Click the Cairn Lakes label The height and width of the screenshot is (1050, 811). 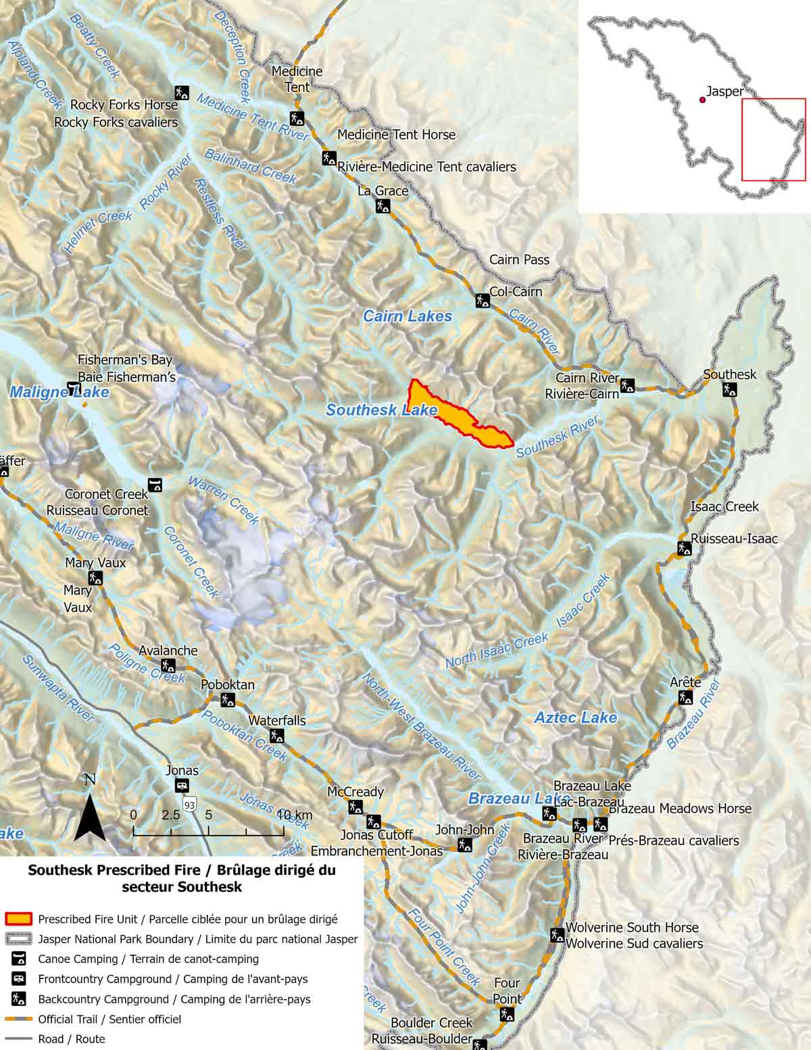tap(408, 316)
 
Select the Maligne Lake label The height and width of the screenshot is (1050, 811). tap(59, 392)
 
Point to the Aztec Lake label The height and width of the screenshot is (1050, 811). tap(576, 717)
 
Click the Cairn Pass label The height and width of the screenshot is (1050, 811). tap(519, 260)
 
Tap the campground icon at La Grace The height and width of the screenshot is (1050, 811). tap(383, 205)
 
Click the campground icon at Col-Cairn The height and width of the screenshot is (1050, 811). tap(483, 300)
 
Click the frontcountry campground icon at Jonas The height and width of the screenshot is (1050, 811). tap(182, 786)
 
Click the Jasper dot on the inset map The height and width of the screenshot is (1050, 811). tap(703, 100)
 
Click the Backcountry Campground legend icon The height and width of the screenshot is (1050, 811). tap(18, 999)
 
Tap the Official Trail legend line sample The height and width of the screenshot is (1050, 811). tap(18, 1019)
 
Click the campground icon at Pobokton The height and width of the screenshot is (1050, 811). tap(228, 700)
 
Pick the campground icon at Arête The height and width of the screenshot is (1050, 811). tap(685, 697)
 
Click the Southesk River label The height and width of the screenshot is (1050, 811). tap(557, 437)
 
